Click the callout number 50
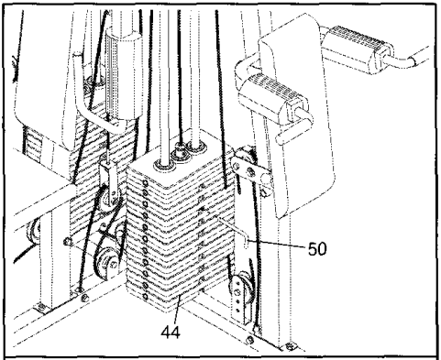317,249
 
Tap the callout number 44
171,332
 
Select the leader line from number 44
179,309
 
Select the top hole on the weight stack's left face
145,182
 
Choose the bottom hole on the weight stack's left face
145,296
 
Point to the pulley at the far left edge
33,233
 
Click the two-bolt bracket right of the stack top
249,170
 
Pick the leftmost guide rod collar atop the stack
165,165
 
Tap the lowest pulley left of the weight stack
106,263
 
